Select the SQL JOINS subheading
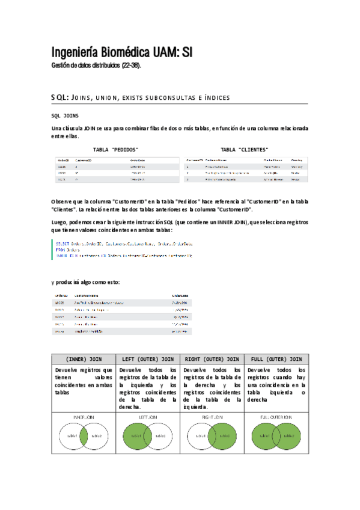[x=66, y=115]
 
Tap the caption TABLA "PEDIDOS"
[x=116, y=149]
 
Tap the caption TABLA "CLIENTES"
[x=244, y=149]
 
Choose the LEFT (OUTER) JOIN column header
[x=147, y=359]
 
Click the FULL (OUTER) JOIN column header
[x=276, y=359]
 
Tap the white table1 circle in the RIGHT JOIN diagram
[x=200, y=435]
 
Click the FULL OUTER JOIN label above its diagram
[x=276, y=416]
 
